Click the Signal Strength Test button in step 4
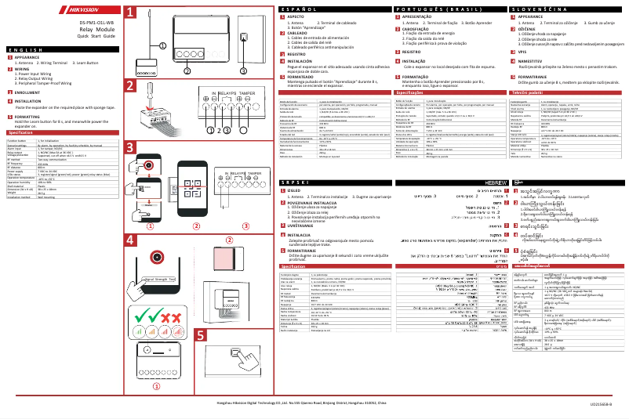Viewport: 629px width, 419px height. tap(161, 280)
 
